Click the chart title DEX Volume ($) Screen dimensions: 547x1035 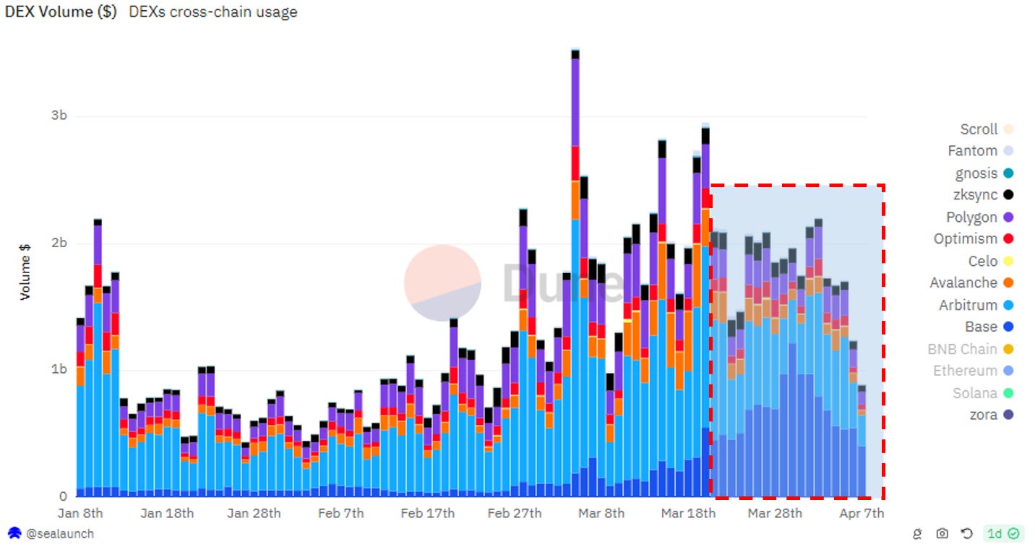pos(61,12)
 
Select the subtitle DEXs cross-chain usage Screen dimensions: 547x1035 pos(213,12)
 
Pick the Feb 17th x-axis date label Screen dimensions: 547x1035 pos(428,513)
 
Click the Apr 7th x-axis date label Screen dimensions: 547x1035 pos(861,513)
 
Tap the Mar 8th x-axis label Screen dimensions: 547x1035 pos(601,513)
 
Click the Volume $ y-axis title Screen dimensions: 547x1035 pos(25,271)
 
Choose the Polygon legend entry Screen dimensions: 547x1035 pos(971,217)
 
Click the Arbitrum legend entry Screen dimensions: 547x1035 pos(968,305)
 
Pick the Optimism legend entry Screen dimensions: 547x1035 pos(966,239)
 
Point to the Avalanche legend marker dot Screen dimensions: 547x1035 pos(1008,283)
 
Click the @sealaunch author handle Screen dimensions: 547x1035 pos(60,534)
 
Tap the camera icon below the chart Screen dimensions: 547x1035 pos(942,534)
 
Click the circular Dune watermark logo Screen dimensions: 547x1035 pos(442,283)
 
